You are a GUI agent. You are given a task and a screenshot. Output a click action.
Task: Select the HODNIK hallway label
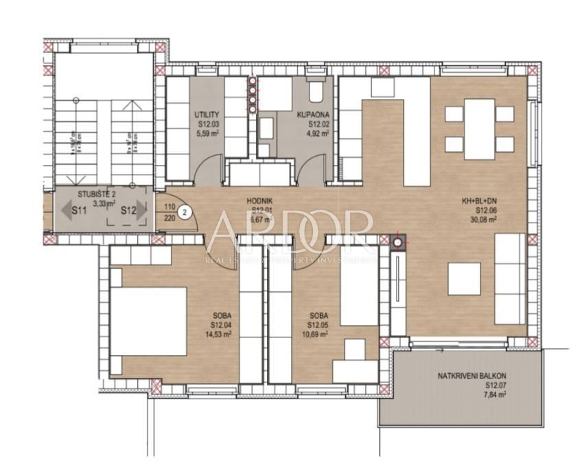pos(261,202)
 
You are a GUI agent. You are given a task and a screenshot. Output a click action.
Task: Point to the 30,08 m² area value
pos(478,221)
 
